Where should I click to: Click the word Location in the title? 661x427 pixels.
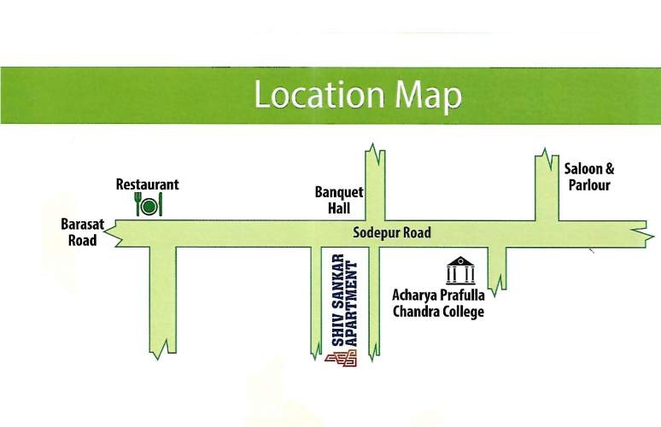click(x=319, y=96)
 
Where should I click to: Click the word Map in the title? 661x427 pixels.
click(x=428, y=96)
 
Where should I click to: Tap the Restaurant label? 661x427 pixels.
click(x=148, y=184)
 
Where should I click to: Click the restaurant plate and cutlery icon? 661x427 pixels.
click(x=149, y=205)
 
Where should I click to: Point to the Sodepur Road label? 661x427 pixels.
click(x=393, y=232)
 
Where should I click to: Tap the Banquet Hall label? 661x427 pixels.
click(x=339, y=201)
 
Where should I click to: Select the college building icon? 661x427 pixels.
click(x=459, y=271)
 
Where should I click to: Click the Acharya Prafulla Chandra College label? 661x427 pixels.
click(x=438, y=303)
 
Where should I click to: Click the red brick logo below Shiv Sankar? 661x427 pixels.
click(x=341, y=360)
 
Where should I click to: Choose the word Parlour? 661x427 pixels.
click(x=589, y=185)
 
